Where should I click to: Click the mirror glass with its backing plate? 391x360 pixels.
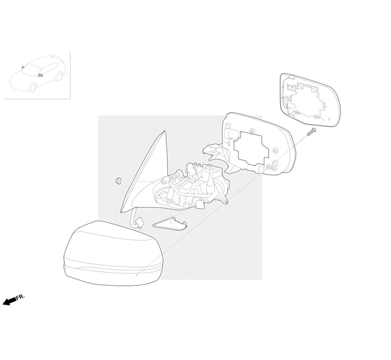coord(310,100)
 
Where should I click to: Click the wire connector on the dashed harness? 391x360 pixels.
coord(139,223)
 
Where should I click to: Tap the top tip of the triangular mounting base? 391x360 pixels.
coord(164,131)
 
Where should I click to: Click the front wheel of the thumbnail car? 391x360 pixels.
coord(33,88)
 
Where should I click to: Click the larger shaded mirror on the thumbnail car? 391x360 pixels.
coord(40,75)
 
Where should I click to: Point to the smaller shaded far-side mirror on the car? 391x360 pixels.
coord(23,67)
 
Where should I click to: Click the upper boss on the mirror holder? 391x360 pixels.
coord(252,130)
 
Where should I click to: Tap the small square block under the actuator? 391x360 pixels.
coord(200,205)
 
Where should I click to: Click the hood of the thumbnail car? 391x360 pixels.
coord(19,78)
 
